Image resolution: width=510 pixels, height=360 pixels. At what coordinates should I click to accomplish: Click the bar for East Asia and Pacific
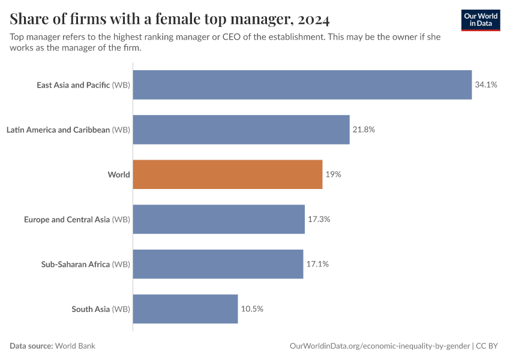pos(302,85)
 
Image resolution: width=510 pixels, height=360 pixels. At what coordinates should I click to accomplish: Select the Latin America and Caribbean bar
pos(241,130)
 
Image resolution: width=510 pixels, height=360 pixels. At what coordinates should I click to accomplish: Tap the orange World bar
pos(227,175)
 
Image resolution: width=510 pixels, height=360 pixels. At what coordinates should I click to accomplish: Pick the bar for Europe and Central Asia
pos(218,220)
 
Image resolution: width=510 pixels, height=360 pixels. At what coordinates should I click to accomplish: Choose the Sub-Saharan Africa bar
pos(218,264)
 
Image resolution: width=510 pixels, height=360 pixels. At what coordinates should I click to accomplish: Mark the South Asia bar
pos(185,309)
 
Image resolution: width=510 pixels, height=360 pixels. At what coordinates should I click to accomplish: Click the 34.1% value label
pos(486,85)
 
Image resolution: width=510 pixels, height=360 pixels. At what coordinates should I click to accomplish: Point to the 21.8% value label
pos(364,130)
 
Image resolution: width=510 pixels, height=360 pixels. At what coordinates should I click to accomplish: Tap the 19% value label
pos(334,175)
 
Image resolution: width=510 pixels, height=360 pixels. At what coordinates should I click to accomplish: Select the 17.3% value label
pos(319,220)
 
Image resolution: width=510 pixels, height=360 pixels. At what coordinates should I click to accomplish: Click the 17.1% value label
pos(318,264)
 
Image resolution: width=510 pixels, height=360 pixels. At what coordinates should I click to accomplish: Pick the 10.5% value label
pos(252,309)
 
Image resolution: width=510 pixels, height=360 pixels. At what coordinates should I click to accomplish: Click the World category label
pos(119,175)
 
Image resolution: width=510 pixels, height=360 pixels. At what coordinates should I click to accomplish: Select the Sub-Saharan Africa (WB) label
pos(85,264)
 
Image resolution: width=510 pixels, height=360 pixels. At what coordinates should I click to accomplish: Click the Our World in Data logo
pos(481,20)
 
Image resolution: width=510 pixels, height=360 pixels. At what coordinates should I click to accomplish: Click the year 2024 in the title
pos(312,20)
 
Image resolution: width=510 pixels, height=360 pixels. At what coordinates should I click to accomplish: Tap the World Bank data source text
pos(76,346)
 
